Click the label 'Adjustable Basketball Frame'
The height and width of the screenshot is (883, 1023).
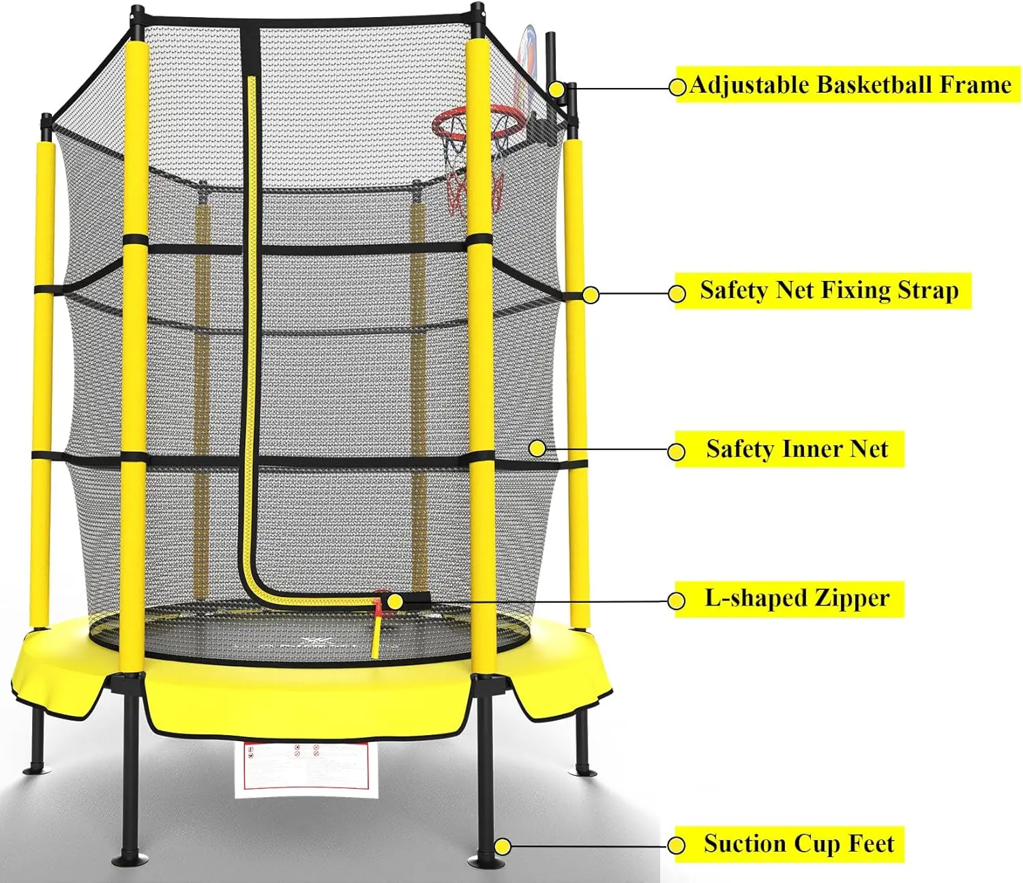click(x=849, y=85)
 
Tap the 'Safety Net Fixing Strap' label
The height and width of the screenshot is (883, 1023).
click(x=829, y=290)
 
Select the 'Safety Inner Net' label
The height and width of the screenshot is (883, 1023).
click(x=797, y=449)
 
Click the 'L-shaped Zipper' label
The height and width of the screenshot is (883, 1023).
click(x=797, y=599)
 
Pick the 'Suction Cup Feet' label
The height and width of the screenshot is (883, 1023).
click(x=798, y=844)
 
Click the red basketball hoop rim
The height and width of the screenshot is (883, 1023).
click(x=477, y=123)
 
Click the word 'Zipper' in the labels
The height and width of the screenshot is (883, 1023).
click(x=852, y=599)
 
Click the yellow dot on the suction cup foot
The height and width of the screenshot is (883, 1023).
click(x=503, y=847)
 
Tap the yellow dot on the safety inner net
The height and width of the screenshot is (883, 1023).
click(x=537, y=448)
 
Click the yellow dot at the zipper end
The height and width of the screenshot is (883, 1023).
click(x=394, y=601)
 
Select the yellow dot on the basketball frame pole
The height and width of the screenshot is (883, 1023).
click(x=557, y=89)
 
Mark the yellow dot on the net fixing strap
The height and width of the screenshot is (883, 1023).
click(x=591, y=295)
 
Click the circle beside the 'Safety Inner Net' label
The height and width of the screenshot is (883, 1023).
click(x=677, y=451)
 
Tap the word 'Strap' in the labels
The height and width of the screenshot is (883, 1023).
click(x=928, y=290)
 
